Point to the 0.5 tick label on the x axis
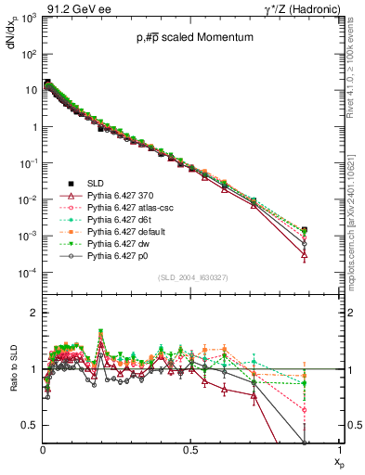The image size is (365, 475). pyautogui.click(x=191, y=449)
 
